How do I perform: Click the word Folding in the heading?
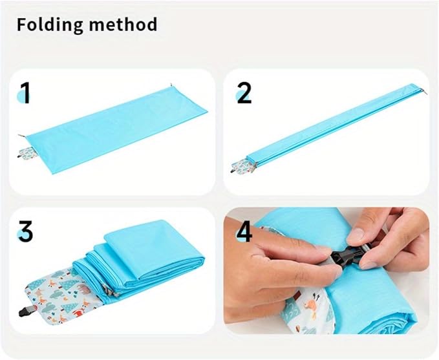50,25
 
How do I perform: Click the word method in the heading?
123,25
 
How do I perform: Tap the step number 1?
25,93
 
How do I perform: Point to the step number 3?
26,231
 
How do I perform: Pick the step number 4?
244,231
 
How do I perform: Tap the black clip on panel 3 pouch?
27,311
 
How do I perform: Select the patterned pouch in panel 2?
242,167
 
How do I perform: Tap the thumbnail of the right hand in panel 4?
356,236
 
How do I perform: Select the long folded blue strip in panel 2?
335,125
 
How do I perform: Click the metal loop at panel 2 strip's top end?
425,92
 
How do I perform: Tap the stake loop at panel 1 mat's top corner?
171,85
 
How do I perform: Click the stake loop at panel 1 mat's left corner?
21,136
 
